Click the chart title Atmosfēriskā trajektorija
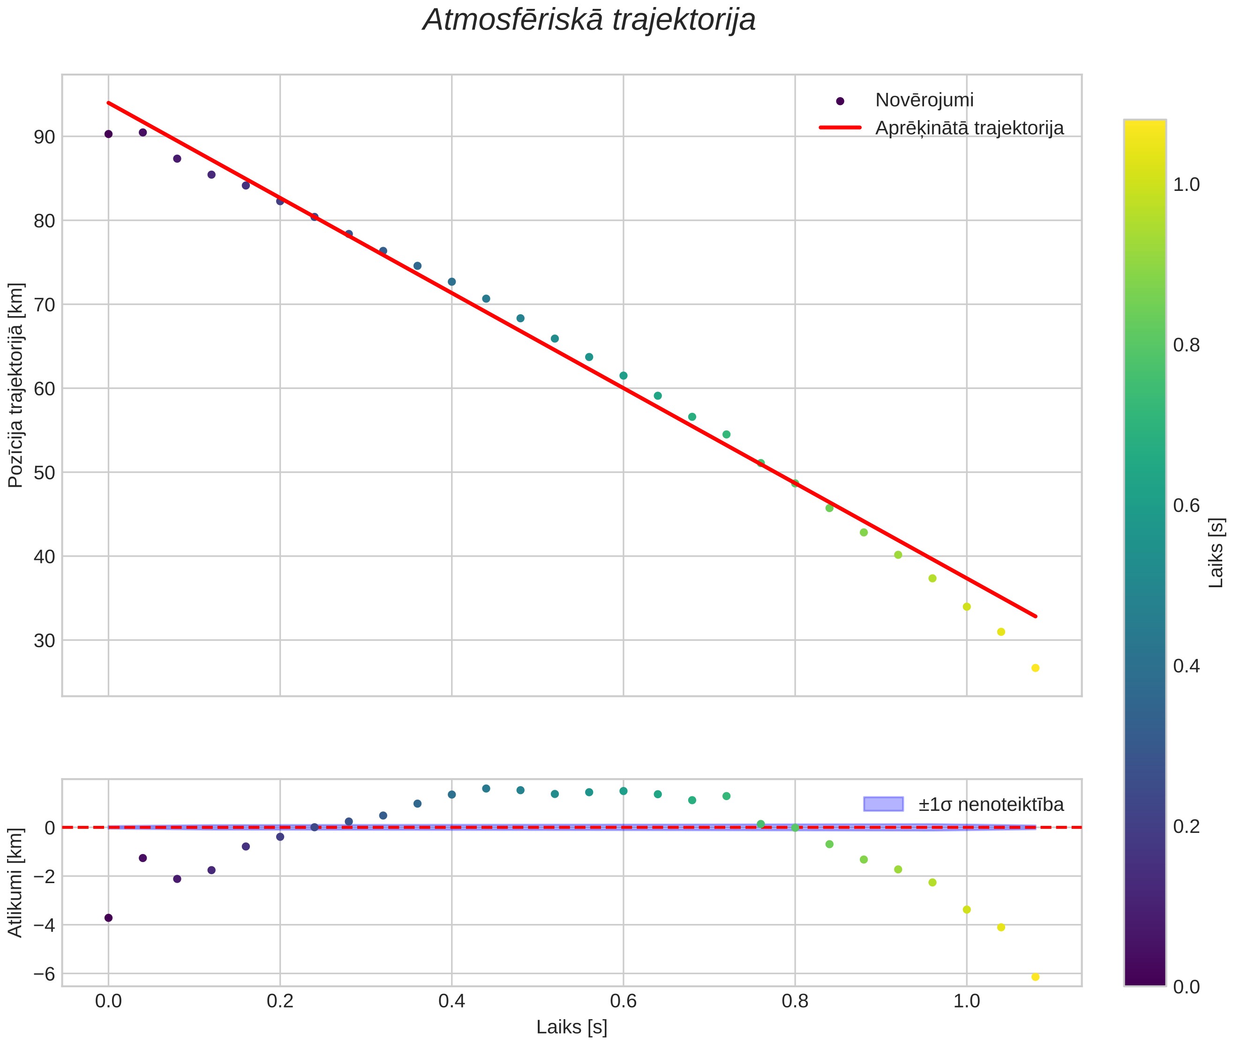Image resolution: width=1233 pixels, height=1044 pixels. coord(589,20)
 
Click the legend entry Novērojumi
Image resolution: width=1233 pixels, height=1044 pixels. coord(924,100)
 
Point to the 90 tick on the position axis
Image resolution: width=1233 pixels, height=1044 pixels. coord(44,137)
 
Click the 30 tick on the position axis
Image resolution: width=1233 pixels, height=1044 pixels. coord(44,640)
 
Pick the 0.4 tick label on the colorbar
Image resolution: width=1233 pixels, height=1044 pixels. coord(1186,666)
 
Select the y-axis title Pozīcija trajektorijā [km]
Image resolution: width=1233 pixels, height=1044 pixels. coord(15,386)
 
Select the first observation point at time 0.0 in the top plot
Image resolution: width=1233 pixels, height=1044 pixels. coord(108,134)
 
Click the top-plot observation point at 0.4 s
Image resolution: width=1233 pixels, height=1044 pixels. coord(452,282)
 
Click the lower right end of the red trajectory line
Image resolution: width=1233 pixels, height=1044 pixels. coord(1035,616)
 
